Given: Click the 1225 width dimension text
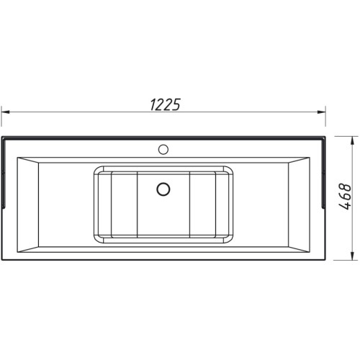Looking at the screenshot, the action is click(165, 104).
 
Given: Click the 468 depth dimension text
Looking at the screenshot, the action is click(345, 197).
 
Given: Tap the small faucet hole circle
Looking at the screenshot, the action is click(163, 149).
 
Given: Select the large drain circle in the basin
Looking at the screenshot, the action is click(163, 189).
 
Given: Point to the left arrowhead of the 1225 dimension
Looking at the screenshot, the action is click(5, 112).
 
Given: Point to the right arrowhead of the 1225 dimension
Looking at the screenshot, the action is click(321, 112).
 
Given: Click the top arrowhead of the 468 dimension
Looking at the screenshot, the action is click(352, 140).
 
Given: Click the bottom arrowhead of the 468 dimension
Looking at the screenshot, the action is click(352, 256).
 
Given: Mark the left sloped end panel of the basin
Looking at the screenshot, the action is click(28, 204).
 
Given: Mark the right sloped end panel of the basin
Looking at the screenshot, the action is click(299, 204).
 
